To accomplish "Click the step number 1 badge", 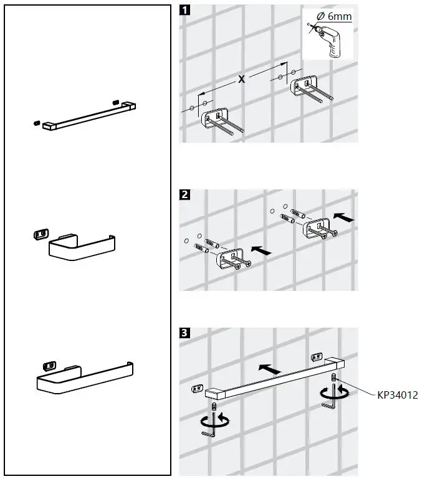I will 185,10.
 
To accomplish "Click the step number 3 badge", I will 185,333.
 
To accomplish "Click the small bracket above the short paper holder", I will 39,234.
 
